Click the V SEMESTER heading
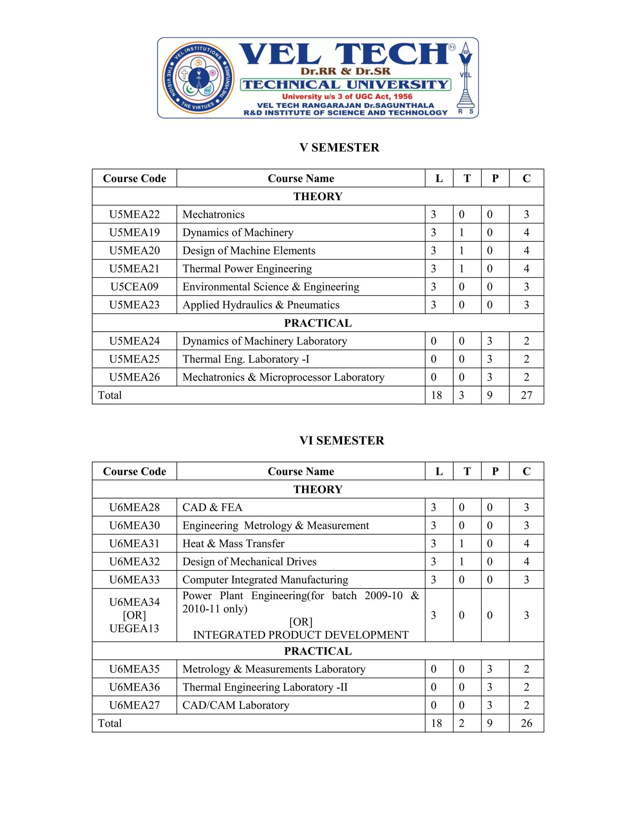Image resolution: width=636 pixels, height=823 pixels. tap(339, 147)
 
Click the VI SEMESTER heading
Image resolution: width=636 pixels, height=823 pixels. tap(341, 440)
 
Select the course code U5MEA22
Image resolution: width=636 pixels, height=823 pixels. tap(134, 214)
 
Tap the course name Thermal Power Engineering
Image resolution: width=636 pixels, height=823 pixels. tap(247, 269)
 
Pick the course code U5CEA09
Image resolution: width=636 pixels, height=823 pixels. tap(134, 287)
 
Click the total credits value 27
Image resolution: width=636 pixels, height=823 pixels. tap(526, 395)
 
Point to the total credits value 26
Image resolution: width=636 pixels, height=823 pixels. tap(526, 723)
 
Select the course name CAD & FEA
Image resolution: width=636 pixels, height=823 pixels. tap(212, 507)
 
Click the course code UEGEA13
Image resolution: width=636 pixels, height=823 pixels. tap(134, 628)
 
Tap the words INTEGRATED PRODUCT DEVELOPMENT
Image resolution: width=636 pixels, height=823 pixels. tap(300, 635)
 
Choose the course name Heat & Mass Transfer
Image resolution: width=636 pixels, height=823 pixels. tap(233, 543)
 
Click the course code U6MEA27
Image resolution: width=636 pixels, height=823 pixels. tap(134, 705)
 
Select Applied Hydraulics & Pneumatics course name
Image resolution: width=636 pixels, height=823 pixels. tap(261, 305)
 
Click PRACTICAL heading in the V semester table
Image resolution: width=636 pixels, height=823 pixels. tap(318, 323)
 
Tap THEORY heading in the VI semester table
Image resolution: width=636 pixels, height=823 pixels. tap(318, 489)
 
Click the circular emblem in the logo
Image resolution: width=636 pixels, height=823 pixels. tap(198, 78)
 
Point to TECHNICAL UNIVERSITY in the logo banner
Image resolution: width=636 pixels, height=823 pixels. tap(346, 84)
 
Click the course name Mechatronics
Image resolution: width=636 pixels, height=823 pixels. tap(213, 214)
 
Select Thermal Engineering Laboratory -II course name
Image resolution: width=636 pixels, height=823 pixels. tap(265, 687)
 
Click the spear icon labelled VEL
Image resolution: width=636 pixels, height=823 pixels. tap(466, 78)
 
